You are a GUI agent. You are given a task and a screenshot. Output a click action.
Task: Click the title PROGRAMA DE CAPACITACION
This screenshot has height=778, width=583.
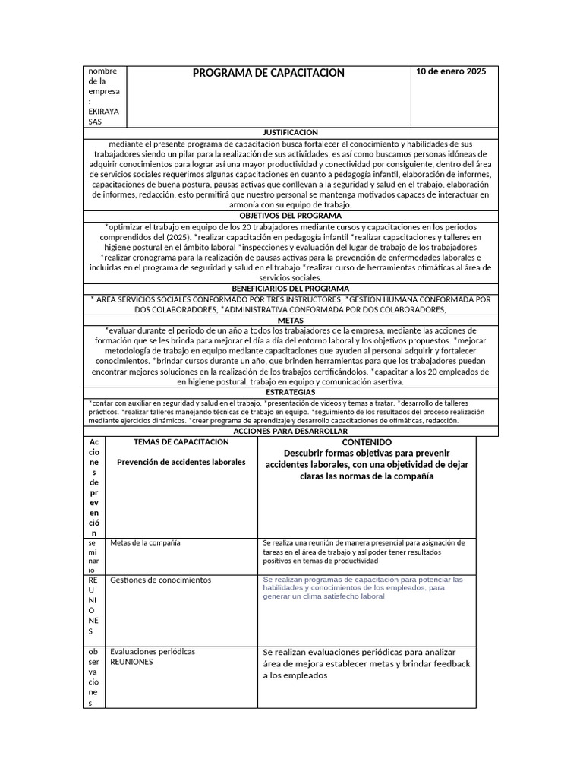click(x=268, y=73)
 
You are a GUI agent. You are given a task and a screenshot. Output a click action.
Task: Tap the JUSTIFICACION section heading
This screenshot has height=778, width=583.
click(x=291, y=132)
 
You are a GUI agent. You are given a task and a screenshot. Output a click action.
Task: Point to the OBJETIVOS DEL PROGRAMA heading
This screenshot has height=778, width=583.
click(x=291, y=216)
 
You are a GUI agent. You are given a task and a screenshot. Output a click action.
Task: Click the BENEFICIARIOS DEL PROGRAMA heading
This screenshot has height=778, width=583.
click(x=291, y=289)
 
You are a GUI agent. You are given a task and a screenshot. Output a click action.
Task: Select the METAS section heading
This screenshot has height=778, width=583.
click(x=291, y=320)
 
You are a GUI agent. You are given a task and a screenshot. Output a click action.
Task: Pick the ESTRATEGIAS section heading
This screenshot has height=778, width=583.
click(x=291, y=392)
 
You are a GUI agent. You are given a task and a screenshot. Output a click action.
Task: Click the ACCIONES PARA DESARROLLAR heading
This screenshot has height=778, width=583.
click(x=291, y=431)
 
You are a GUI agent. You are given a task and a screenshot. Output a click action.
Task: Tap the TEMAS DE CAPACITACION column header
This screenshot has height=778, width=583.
click(x=181, y=441)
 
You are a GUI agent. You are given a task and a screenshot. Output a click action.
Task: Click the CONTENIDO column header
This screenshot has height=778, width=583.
click(x=367, y=441)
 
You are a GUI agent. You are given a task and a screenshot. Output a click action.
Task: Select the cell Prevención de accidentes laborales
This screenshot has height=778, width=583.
click(x=181, y=462)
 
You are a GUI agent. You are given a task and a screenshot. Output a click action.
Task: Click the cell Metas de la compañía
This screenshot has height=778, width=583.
click(x=145, y=542)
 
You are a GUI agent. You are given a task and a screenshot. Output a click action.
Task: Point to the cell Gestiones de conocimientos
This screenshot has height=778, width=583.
click(x=160, y=580)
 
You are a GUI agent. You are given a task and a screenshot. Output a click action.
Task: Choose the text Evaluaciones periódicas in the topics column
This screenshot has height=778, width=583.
click(x=153, y=651)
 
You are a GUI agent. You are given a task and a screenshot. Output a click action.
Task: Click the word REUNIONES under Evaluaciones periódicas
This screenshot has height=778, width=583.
click(x=131, y=662)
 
